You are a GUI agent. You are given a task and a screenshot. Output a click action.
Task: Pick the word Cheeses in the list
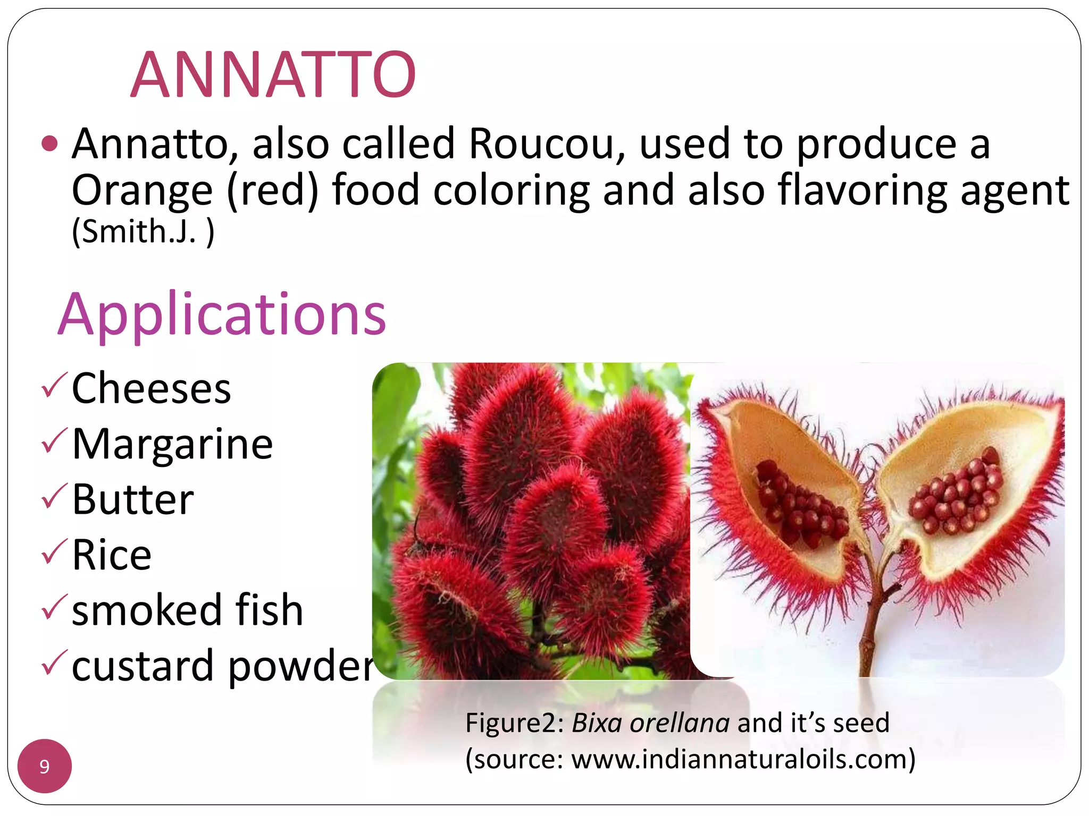click(152, 388)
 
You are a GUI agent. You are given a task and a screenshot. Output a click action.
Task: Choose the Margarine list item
click(172, 444)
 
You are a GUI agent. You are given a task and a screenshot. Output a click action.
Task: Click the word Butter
click(133, 499)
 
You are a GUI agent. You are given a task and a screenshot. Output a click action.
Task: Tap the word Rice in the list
click(112, 555)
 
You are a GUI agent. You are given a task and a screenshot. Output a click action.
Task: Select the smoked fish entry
click(187, 610)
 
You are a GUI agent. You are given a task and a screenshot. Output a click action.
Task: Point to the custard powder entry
click(222, 666)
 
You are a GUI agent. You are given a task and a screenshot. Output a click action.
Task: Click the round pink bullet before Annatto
click(49, 143)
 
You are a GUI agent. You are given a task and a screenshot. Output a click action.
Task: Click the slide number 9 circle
click(45, 766)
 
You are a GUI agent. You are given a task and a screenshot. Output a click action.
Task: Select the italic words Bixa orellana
click(650, 723)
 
